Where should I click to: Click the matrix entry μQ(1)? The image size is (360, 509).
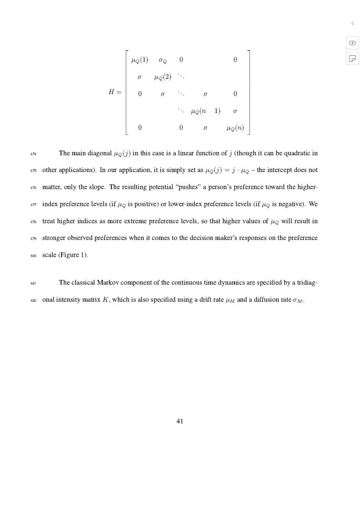[x=139, y=60]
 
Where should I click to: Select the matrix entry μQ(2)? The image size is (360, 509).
[x=163, y=77]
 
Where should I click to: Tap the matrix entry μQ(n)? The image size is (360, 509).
[x=235, y=128]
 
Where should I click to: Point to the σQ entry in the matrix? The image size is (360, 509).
[x=163, y=60]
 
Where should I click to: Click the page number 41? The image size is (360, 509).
[x=180, y=421]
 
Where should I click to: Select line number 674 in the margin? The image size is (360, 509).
[x=34, y=154]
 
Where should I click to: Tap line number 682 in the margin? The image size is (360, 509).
[x=34, y=300]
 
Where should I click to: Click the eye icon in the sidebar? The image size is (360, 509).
[x=352, y=43]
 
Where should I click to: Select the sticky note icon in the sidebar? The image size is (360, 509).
[x=352, y=58]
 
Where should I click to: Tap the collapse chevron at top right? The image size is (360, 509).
[x=352, y=23]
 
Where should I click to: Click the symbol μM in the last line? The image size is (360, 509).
[x=231, y=300]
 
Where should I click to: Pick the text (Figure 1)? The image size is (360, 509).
[x=73, y=254]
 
